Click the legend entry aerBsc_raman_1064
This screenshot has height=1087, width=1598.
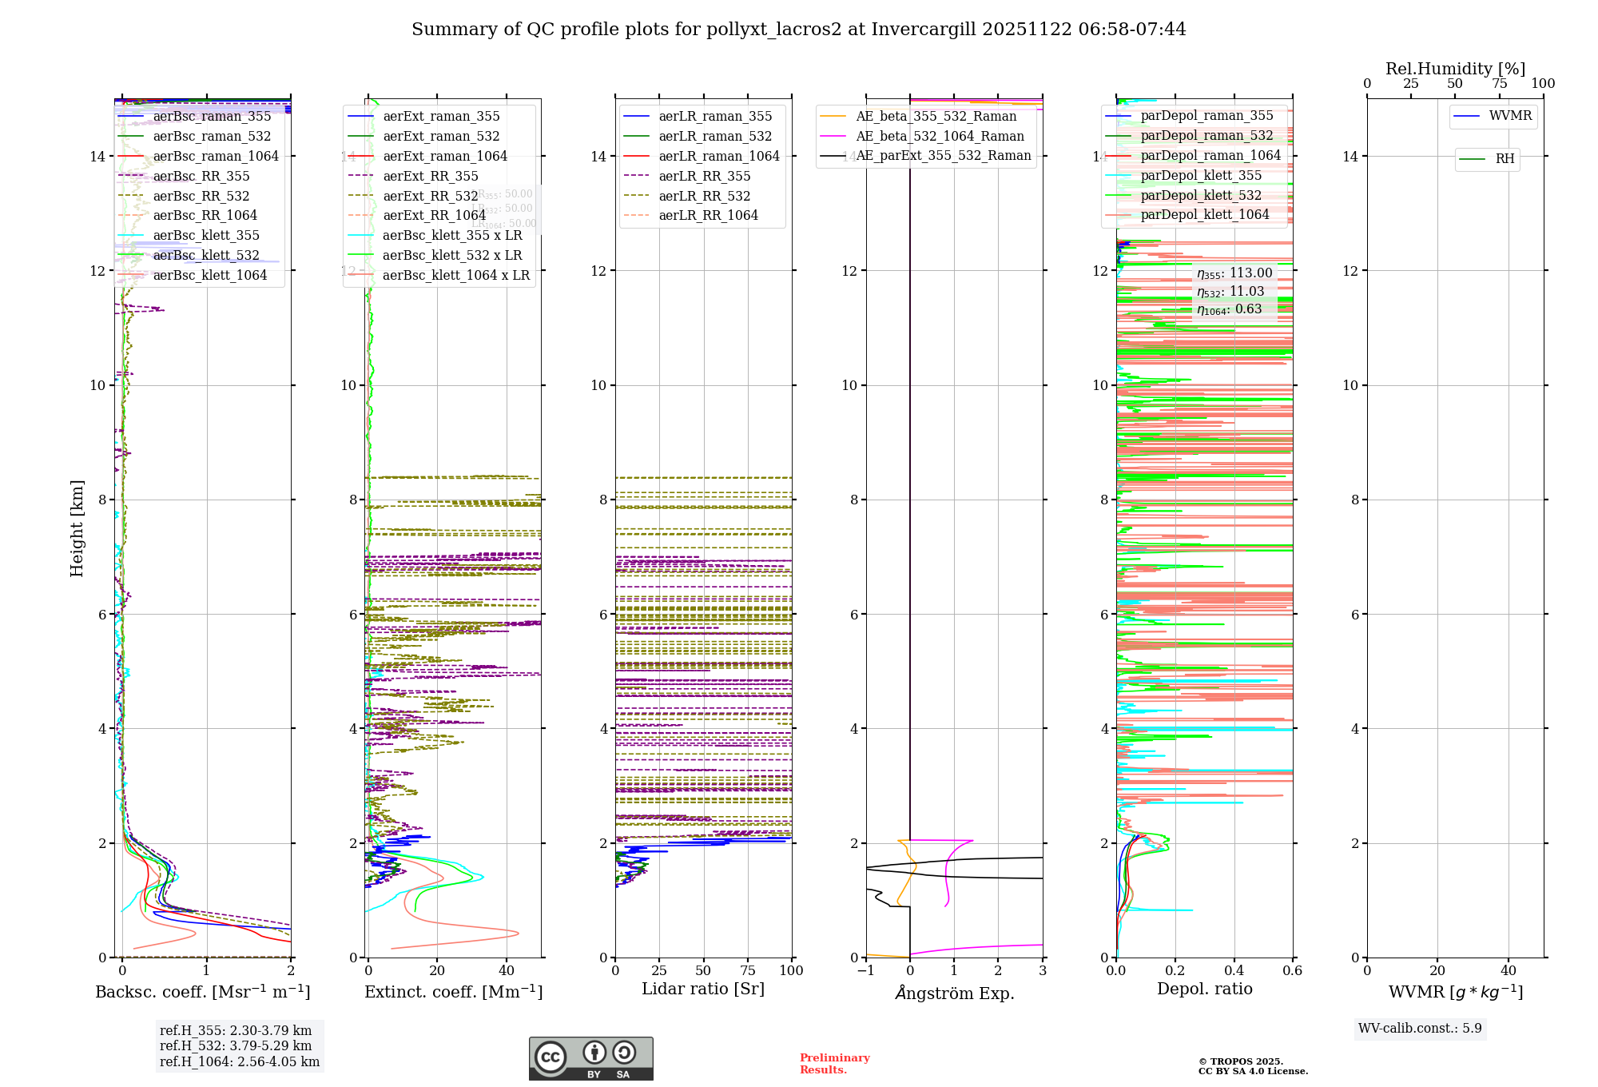pyautogui.click(x=216, y=157)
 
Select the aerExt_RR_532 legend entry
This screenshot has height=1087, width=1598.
pyautogui.click(x=430, y=197)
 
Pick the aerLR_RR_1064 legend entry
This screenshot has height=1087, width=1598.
pyautogui.click(x=708, y=216)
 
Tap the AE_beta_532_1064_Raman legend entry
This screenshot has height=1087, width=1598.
pyautogui.click(x=940, y=137)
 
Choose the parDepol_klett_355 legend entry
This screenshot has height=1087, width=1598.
pyautogui.click(x=1201, y=176)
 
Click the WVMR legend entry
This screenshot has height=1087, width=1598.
pyautogui.click(x=1510, y=117)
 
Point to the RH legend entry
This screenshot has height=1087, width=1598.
pyautogui.click(x=1505, y=159)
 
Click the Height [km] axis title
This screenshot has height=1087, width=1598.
pyautogui.click(x=77, y=528)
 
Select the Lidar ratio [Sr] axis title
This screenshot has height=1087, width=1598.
pyautogui.click(x=703, y=989)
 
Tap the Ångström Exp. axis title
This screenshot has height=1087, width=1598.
pyautogui.click(x=955, y=993)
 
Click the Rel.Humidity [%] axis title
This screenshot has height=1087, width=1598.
pyautogui.click(x=1455, y=69)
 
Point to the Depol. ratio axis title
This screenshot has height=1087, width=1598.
pyautogui.click(x=1204, y=989)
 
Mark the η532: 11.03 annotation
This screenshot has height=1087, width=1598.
pyautogui.click(x=1230, y=292)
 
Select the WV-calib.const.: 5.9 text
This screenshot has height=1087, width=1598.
pyautogui.click(x=1420, y=1029)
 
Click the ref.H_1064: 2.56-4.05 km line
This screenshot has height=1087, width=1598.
pyautogui.click(x=240, y=1062)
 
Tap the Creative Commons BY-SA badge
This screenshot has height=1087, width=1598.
pyautogui.click(x=590, y=1058)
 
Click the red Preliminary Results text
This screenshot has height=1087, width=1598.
pyautogui.click(x=834, y=1064)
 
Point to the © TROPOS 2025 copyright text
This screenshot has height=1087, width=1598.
pyautogui.click(x=1240, y=1061)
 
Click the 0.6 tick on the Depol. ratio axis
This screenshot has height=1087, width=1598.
pyautogui.click(x=1292, y=971)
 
